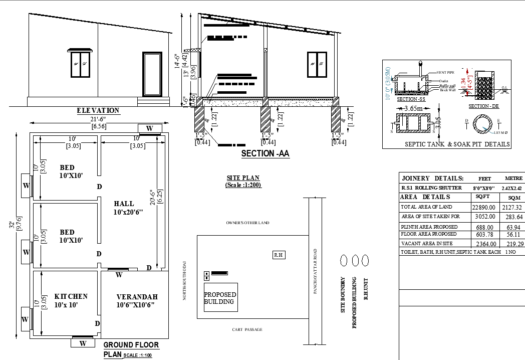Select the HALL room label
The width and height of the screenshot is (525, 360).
tap(124, 204)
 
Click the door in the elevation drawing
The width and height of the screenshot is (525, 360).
tap(152, 74)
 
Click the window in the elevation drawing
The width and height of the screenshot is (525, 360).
tap(80, 63)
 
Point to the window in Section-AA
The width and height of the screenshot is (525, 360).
tap(317, 64)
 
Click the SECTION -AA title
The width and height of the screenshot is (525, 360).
tap(265, 154)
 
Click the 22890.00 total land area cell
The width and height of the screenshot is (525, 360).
tap(484, 207)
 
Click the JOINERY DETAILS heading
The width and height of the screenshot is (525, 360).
tap(433, 178)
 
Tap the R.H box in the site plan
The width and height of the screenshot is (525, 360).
tap(279, 255)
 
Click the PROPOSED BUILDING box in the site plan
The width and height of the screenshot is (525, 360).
tap(220, 298)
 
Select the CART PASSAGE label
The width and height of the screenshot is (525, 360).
tap(247, 329)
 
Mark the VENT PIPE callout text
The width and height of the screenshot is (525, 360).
tap(445, 73)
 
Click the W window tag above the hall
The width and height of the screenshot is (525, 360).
tap(149, 128)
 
